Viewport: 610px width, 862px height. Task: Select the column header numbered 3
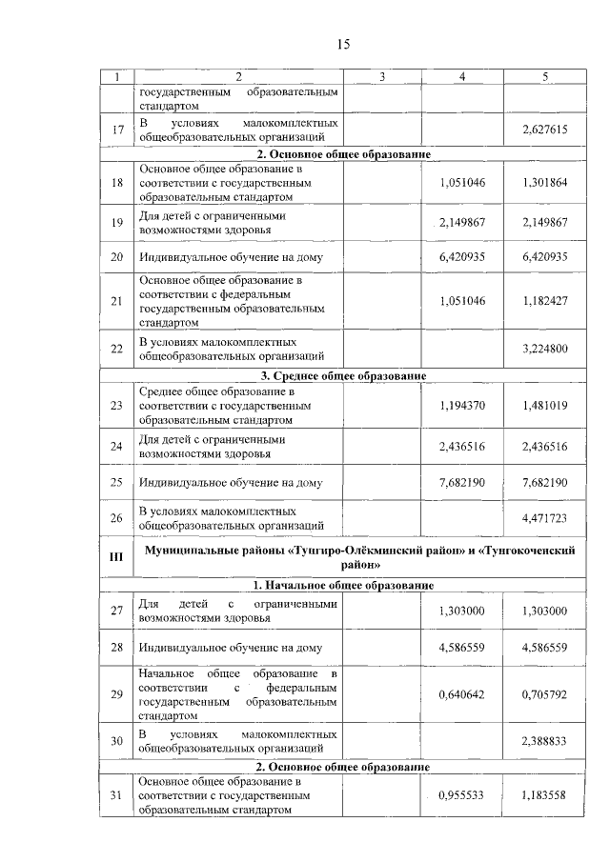pos(380,77)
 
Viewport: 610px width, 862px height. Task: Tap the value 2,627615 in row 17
pos(545,130)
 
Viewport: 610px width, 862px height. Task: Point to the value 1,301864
pos(545,183)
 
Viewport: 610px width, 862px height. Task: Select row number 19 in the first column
pos(117,223)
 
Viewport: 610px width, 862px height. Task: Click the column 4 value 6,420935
pos(462,257)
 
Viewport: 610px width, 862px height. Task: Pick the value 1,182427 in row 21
pos(545,301)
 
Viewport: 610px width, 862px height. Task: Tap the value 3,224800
pos(545,350)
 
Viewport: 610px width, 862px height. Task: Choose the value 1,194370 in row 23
pos(462,405)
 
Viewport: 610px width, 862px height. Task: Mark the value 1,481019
pos(545,405)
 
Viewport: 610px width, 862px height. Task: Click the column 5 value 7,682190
pos(545,482)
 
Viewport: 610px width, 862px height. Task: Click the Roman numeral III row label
pos(117,556)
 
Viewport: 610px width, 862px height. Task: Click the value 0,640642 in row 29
pos(462,694)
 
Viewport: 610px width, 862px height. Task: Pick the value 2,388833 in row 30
pos(545,741)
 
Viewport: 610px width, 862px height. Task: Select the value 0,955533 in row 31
pos(462,795)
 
